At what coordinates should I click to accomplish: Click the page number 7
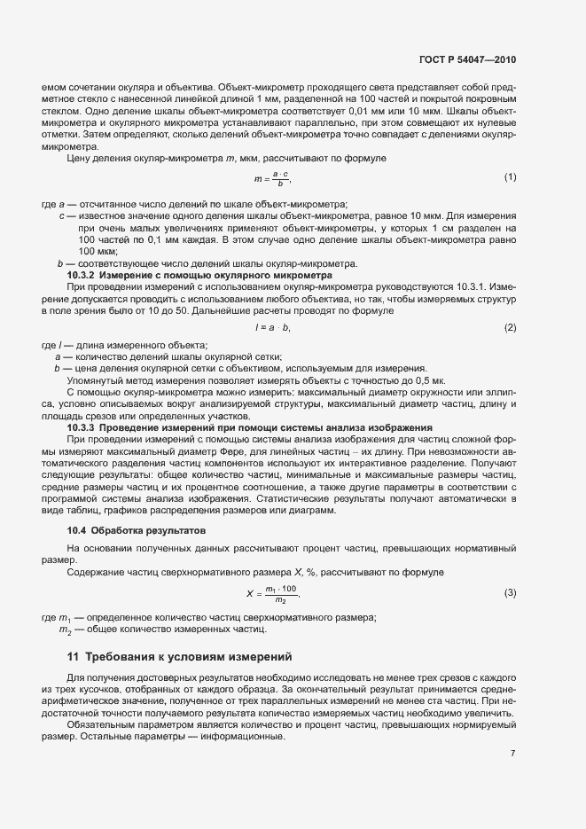513,752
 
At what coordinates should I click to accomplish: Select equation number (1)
510,177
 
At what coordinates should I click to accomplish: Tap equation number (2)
510,328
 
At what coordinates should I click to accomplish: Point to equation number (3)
510,592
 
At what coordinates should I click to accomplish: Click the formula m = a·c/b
272,177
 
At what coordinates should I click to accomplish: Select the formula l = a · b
272,328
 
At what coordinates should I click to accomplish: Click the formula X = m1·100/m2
273,592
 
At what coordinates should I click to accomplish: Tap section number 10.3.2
82,276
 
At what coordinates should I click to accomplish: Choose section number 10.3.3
82,427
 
